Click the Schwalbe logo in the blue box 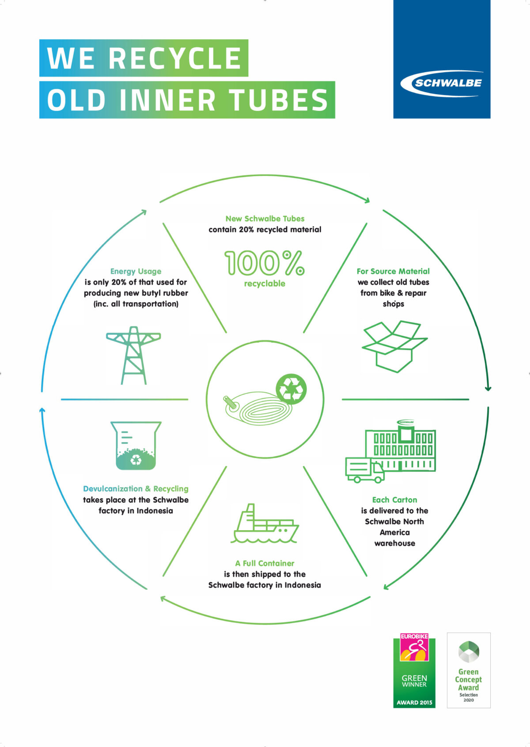point(442,83)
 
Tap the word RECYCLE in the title point(175,58)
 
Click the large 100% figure point(265,263)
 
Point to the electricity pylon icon point(133,355)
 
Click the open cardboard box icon point(395,346)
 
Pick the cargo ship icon point(265,523)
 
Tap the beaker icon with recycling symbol point(136,446)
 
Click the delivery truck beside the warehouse point(365,470)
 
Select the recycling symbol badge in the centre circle point(291,389)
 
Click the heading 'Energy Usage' point(136,271)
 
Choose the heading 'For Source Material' point(393,271)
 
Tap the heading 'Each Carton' point(395,500)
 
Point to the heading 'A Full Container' point(265,563)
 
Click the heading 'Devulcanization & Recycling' point(136,489)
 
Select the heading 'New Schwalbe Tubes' point(265,218)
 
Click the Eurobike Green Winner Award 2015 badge point(414,670)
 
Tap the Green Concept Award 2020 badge point(469,670)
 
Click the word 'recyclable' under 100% point(265,284)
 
